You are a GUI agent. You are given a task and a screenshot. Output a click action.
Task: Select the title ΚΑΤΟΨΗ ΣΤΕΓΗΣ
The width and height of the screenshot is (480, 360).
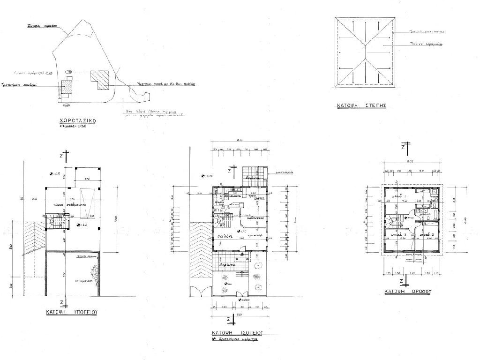tap(361, 106)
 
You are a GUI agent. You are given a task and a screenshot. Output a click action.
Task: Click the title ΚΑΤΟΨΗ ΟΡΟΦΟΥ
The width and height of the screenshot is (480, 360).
tap(407, 291)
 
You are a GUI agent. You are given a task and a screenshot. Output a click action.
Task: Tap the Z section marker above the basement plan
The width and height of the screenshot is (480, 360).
tap(67, 154)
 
